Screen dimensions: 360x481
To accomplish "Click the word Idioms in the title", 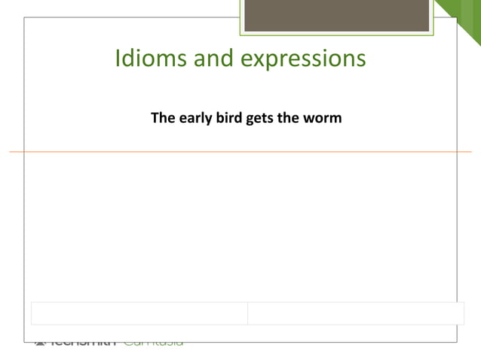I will [151, 59].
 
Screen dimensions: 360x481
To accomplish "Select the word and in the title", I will [214, 59].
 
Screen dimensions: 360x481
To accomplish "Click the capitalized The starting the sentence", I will [163, 118].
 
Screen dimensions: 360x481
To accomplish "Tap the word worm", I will [325, 119].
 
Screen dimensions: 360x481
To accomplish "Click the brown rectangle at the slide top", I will [336, 15].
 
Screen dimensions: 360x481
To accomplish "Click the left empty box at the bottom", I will [139, 313].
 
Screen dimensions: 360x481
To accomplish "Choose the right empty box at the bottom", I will [356, 313].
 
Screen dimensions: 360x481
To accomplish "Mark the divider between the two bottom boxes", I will [248, 313].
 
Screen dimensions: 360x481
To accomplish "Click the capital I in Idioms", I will [118, 58].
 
